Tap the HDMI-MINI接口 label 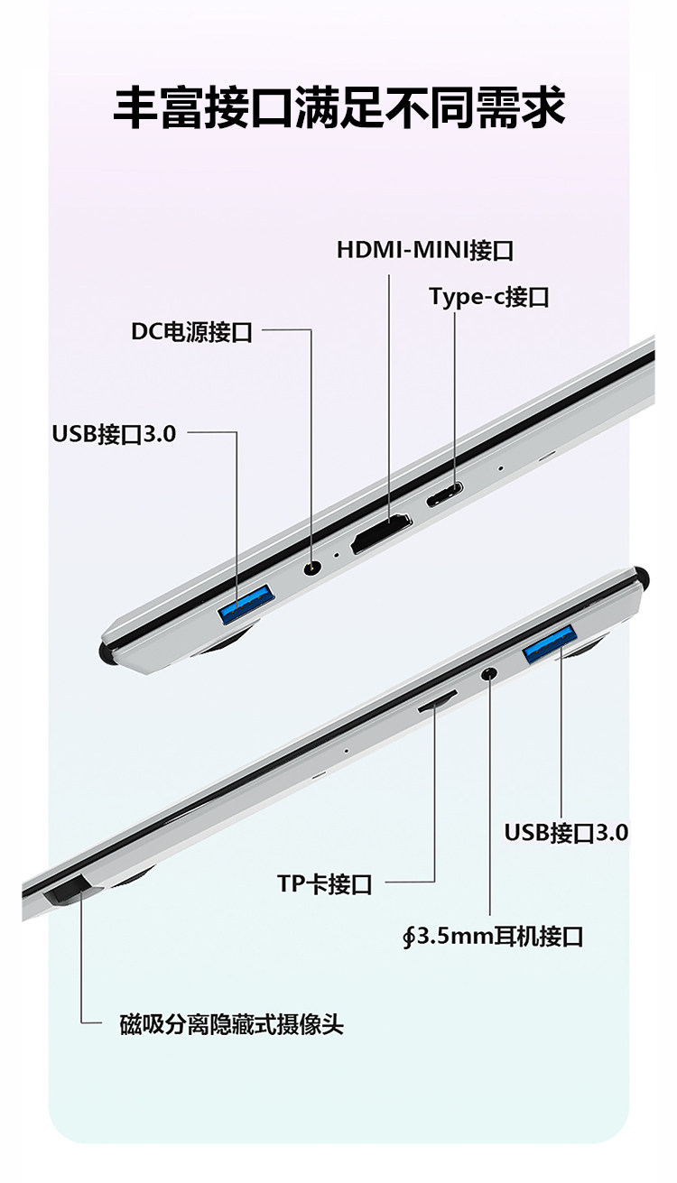click(x=425, y=250)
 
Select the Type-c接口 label click(x=488, y=297)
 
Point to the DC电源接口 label click(x=191, y=331)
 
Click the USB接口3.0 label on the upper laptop click(x=114, y=433)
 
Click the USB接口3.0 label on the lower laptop click(x=566, y=832)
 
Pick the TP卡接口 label click(x=325, y=883)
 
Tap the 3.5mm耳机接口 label click(x=493, y=936)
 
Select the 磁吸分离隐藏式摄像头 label click(x=232, y=1024)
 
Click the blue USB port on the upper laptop click(x=246, y=605)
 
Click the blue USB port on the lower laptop click(x=548, y=643)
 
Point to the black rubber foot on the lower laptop click(x=642, y=574)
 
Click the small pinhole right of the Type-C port click(x=501, y=468)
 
